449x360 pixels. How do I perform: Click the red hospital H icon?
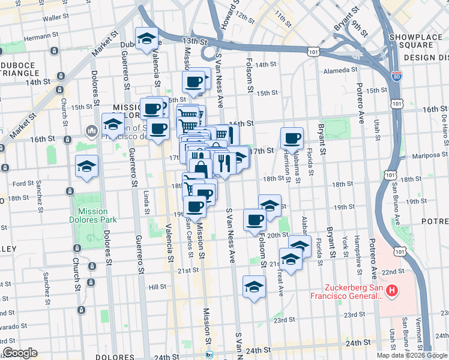[392, 291]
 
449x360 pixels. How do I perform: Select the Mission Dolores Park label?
[92, 215]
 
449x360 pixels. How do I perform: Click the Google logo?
[20, 353]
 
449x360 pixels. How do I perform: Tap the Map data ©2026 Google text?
[412, 355]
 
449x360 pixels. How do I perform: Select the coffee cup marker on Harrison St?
[292, 139]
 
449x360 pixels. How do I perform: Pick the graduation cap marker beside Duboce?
[146, 39]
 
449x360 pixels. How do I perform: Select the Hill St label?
[157, 287]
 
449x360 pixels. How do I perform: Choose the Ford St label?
[23, 184]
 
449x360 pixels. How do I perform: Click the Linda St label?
[146, 202]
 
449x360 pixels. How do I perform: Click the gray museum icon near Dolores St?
[92, 130]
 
